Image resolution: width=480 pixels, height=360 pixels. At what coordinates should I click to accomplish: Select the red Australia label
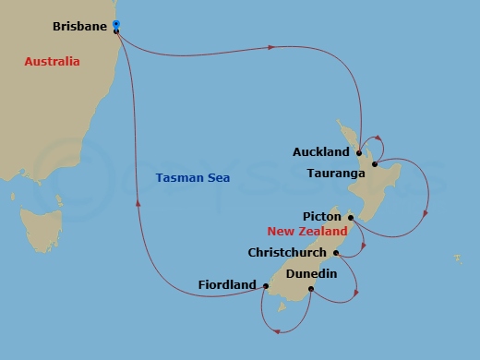[52, 61]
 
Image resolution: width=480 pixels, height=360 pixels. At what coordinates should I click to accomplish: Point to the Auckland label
[320, 151]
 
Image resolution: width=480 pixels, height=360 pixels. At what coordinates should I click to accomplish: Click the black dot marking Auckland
[359, 152]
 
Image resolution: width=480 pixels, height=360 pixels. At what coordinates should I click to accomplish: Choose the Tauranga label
[341, 172]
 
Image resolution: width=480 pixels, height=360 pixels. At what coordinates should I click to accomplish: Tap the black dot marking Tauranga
[375, 165]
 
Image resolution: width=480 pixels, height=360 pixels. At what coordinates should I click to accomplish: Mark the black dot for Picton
[351, 217]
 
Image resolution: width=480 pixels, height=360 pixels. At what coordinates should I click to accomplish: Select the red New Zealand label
[307, 232]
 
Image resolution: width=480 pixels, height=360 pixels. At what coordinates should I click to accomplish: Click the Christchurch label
[288, 252]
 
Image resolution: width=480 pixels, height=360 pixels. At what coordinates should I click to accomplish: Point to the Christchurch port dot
[336, 252]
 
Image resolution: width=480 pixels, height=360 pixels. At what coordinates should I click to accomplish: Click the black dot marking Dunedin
[311, 289]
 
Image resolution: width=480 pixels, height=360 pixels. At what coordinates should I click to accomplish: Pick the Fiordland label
[227, 285]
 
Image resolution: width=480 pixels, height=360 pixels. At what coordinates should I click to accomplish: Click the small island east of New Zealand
[456, 258]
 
